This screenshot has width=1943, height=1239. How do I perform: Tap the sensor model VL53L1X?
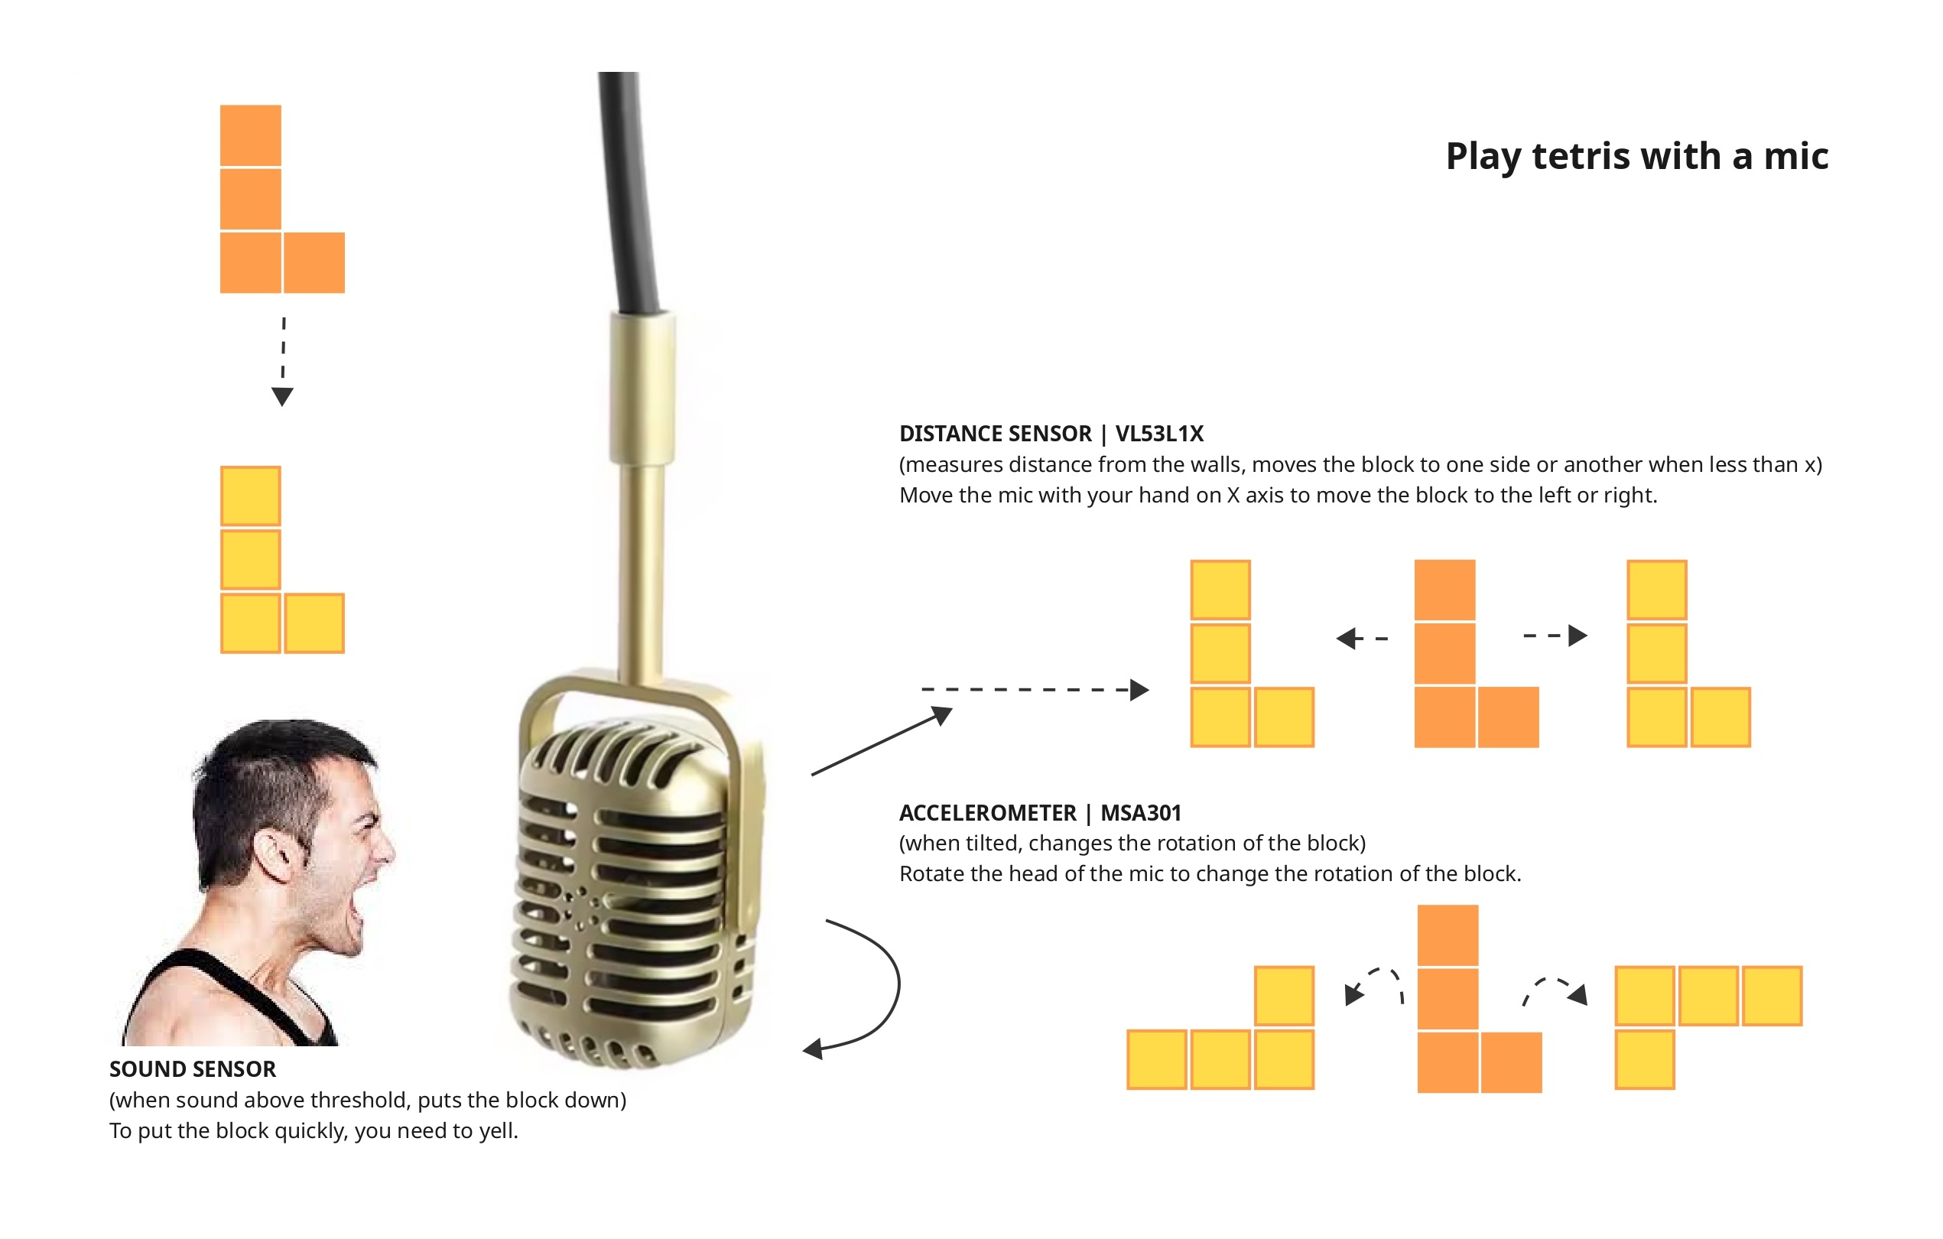1158,434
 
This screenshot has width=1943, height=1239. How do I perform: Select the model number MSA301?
1140,813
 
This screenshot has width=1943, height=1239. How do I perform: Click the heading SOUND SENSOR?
193,1069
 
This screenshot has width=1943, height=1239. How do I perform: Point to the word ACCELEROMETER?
988,813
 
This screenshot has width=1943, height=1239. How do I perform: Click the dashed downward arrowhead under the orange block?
282,396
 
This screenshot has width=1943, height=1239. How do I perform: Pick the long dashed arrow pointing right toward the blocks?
1035,689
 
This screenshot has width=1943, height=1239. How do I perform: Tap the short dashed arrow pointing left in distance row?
1362,639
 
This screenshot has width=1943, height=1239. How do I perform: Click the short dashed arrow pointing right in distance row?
1555,636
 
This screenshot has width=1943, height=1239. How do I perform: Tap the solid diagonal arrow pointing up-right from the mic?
882,741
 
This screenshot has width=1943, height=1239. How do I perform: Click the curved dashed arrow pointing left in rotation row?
1373,986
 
